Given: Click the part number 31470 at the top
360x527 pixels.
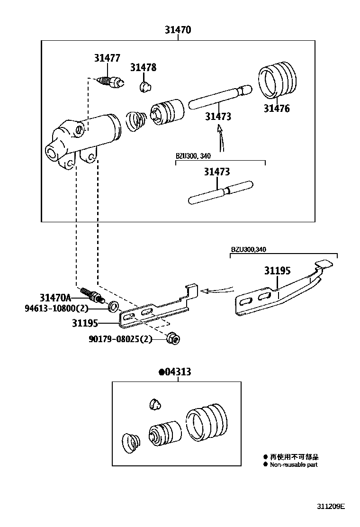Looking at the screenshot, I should pos(178,30).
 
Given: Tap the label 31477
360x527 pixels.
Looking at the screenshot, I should pos(107,58).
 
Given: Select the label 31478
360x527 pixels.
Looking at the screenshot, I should pos(143,68).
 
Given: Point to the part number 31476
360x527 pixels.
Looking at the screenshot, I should pos(277,109).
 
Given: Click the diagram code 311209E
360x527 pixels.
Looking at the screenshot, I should pos(331,506).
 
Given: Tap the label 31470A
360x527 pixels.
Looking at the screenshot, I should pos(55,298).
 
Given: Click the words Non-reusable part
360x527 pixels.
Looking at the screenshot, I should pos(294,465).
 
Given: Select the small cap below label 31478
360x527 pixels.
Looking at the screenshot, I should pos(145,86).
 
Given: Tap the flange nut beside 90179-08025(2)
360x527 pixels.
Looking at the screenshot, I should pos(173,338).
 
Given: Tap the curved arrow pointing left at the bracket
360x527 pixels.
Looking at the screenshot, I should pos(218,288).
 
